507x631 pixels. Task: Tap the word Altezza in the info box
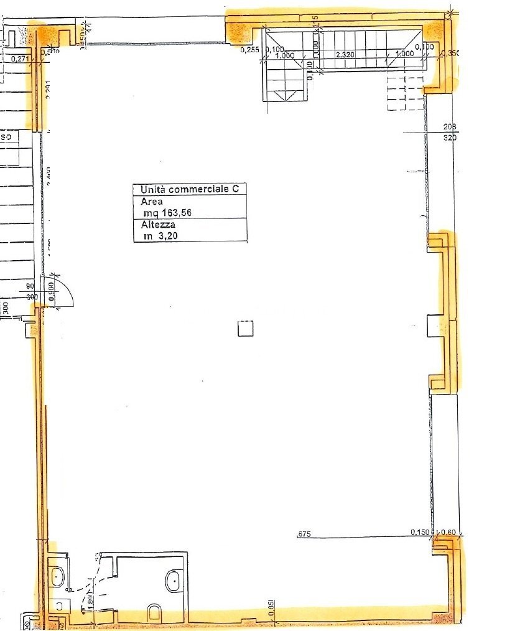157,224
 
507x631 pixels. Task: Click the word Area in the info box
152,202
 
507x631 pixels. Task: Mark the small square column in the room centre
246,328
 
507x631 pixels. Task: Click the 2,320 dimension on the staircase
345,55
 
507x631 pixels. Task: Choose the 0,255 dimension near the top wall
250,49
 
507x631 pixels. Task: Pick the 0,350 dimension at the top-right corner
449,54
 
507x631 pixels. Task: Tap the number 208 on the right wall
450,127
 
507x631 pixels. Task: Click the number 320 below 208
450,138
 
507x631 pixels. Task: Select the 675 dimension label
304,533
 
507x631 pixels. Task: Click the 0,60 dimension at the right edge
449,532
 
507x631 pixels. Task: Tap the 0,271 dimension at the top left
21,60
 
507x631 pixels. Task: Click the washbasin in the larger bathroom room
173,582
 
